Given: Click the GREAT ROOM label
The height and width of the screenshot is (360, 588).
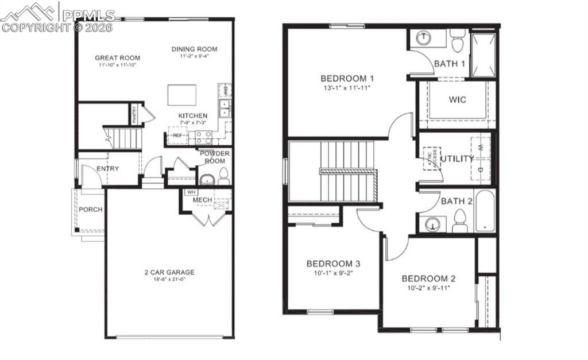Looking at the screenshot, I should tap(117, 57).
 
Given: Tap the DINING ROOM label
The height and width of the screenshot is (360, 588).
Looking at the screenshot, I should tap(194, 49).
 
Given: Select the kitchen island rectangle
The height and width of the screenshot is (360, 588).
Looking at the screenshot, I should tap(181, 95).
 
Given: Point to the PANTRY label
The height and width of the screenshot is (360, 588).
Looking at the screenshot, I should tap(134, 114).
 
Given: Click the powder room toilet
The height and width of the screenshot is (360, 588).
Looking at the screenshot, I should tap(224, 176).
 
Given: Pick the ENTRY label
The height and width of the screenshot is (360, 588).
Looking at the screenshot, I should tap(107, 169).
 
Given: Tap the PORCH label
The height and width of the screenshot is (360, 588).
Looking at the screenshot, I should tap(91, 210).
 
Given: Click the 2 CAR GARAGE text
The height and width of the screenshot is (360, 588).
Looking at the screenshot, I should tap(169, 272).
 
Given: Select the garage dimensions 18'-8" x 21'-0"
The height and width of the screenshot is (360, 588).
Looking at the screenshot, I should tap(169, 280).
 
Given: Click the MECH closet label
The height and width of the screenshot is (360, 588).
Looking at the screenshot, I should tap(202, 200).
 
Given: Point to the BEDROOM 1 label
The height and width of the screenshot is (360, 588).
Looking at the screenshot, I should tap(347, 79).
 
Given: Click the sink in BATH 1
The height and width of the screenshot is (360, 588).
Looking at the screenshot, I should tap(424, 38).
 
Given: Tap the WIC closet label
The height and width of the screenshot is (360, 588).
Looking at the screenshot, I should tap(457, 99).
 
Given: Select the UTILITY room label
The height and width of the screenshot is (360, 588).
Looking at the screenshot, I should tap(457, 158).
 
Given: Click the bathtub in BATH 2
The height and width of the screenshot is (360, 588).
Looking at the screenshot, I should tap(485, 211).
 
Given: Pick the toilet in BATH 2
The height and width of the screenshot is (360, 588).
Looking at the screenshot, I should tap(459, 220).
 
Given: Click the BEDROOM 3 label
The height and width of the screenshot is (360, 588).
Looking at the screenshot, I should tap(333, 264).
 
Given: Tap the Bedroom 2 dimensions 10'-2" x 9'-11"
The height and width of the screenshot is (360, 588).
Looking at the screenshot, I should tap(428, 287).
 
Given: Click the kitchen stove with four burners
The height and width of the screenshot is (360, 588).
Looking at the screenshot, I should tap(203, 137).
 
